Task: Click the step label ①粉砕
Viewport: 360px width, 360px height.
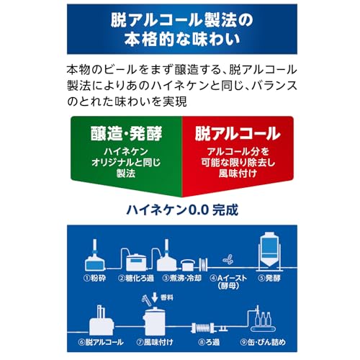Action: (x=94, y=278)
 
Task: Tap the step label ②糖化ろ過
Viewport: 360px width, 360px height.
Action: (x=136, y=278)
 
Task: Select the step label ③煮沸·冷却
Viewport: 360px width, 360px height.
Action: (x=182, y=278)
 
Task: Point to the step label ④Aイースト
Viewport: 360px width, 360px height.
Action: (x=228, y=278)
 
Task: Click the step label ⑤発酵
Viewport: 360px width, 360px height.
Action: (x=269, y=278)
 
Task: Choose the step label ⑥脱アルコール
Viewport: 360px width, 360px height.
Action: (x=101, y=342)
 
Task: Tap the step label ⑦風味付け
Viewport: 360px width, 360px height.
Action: (x=155, y=342)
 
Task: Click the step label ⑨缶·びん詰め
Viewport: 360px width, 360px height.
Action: (x=263, y=342)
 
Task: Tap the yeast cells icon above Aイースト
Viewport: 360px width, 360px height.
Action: (x=228, y=259)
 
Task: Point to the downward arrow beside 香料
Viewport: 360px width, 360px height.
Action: (x=155, y=297)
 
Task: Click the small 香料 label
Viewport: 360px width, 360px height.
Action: (x=167, y=297)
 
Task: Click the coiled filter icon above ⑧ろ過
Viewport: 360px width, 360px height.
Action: (x=204, y=328)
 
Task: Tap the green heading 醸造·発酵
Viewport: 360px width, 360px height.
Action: (x=126, y=134)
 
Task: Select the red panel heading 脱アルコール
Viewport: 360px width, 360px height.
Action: (x=238, y=134)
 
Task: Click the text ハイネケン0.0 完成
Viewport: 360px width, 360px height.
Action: (x=182, y=210)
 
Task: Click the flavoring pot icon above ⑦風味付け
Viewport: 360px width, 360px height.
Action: (x=155, y=321)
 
